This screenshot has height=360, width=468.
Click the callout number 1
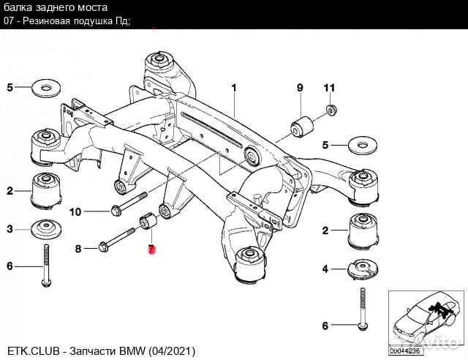click(235, 89)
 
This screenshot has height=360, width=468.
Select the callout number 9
click(299, 89)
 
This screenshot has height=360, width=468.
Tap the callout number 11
click(329, 89)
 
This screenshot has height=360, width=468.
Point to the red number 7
click(151, 250)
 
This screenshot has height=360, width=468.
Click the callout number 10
click(75, 212)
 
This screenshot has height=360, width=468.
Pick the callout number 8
click(79, 249)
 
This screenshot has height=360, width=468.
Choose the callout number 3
click(10, 230)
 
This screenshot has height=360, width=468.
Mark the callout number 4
click(325, 268)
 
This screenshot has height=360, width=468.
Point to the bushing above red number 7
click(148, 220)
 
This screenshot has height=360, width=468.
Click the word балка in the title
click(18, 7)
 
